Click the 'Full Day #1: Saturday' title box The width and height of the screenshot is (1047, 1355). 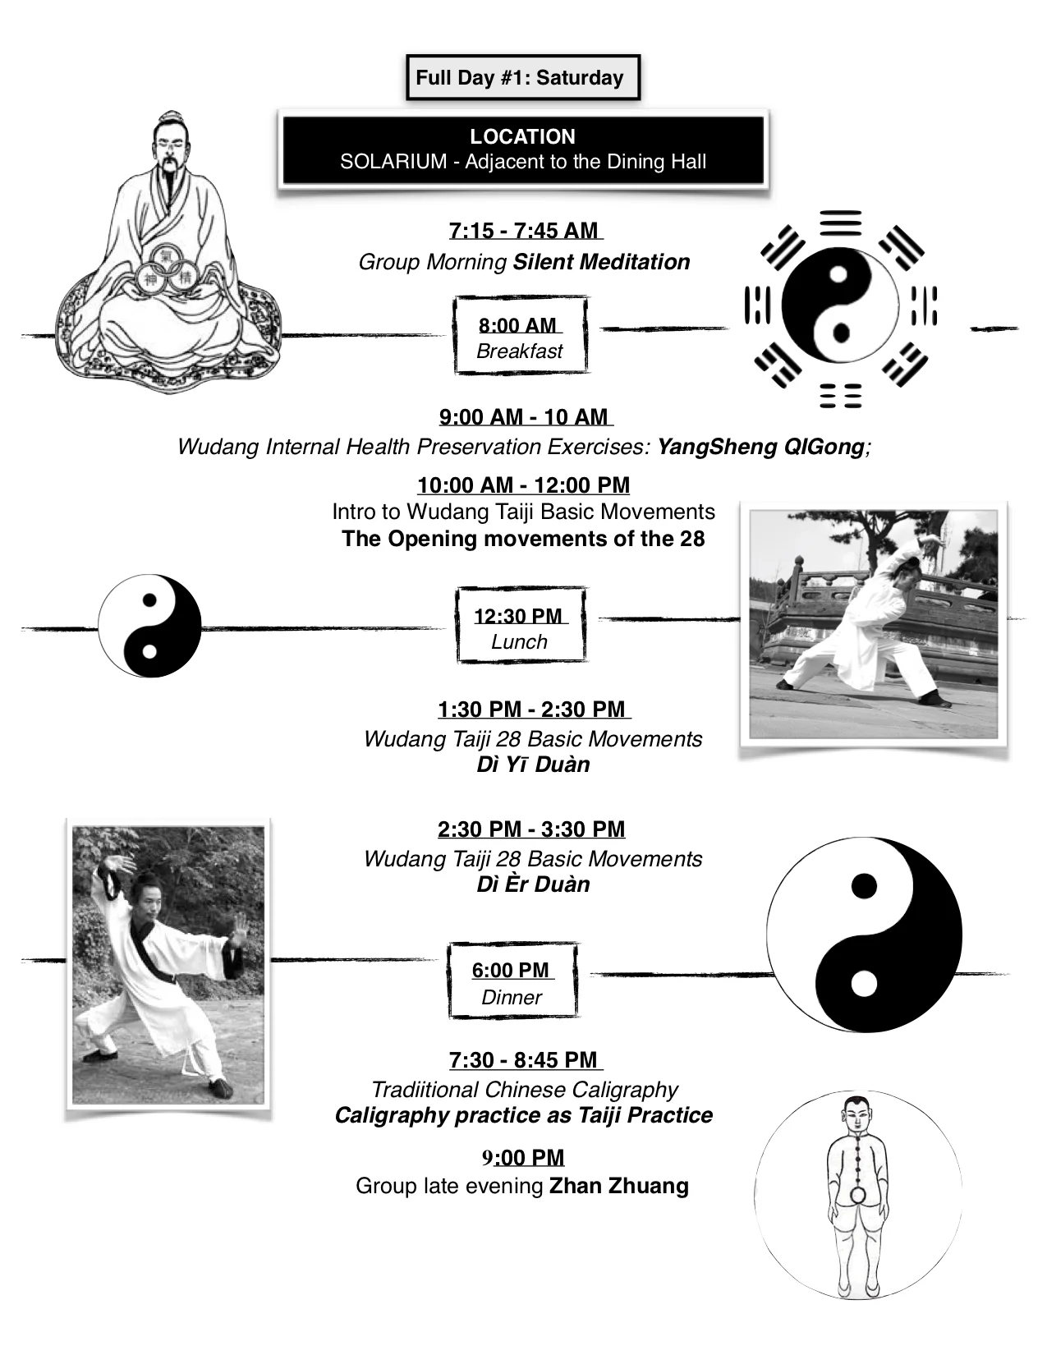[x=522, y=78]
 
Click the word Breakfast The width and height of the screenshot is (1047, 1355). [x=520, y=351]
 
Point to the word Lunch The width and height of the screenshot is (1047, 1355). [x=519, y=642]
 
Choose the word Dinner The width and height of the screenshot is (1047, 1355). [x=512, y=998]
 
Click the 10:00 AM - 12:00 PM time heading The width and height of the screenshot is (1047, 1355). [x=523, y=485]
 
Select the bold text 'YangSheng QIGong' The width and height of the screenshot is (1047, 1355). [x=761, y=447]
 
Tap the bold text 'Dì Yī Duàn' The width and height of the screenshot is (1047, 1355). [x=533, y=765]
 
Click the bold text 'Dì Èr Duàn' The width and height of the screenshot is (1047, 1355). [x=533, y=884]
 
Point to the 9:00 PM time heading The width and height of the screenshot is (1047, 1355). [x=523, y=1158]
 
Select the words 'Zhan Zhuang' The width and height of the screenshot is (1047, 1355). [x=619, y=1186]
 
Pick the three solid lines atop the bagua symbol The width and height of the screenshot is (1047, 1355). [x=842, y=223]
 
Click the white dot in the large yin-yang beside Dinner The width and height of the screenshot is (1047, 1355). [x=863, y=982]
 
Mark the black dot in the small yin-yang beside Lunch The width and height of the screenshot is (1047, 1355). [x=149, y=600]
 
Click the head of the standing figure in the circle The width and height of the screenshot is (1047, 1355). [x=856, y=1118]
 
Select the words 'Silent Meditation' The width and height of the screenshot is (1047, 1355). [x=601, y=262]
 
